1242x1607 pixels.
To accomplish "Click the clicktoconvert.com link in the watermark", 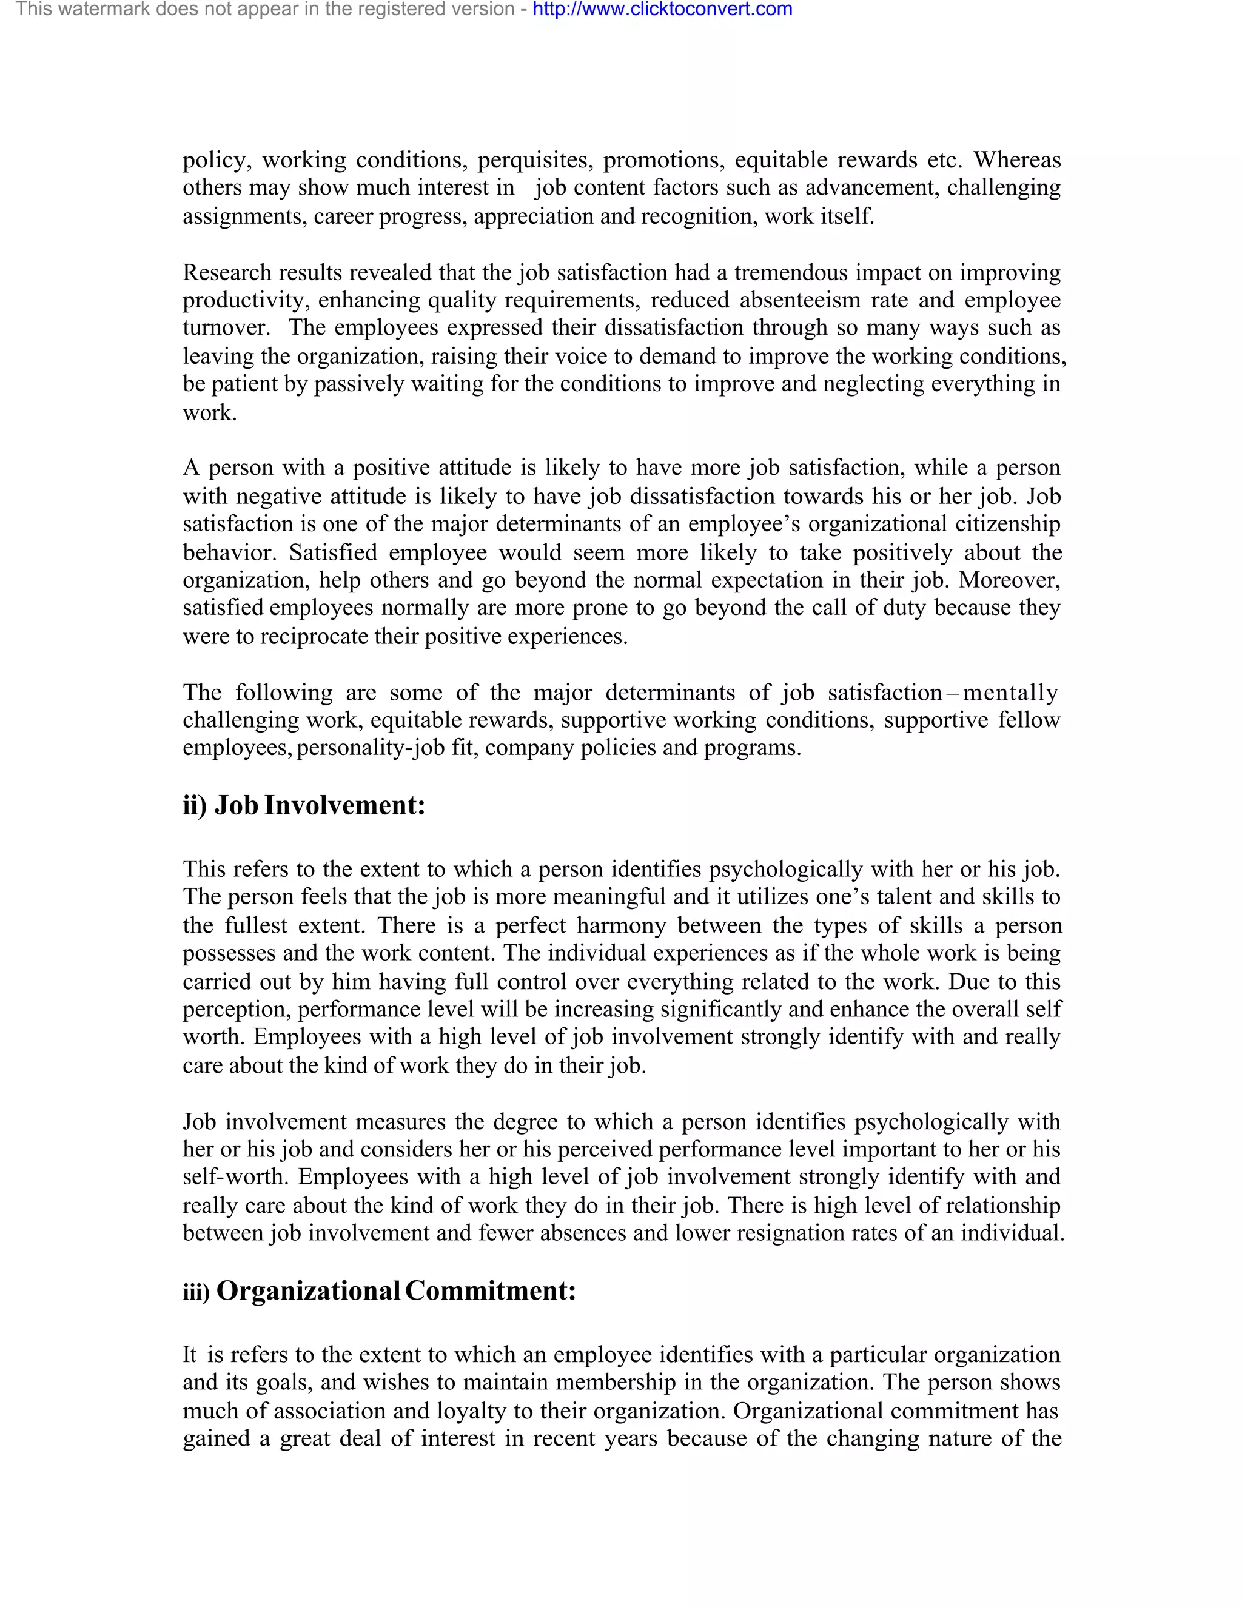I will tap(662, 10).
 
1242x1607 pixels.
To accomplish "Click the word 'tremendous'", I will tap(790, 273).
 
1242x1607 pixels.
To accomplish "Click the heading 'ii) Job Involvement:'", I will tap(304, 806).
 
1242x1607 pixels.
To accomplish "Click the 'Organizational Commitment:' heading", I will tap(396, 1291).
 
